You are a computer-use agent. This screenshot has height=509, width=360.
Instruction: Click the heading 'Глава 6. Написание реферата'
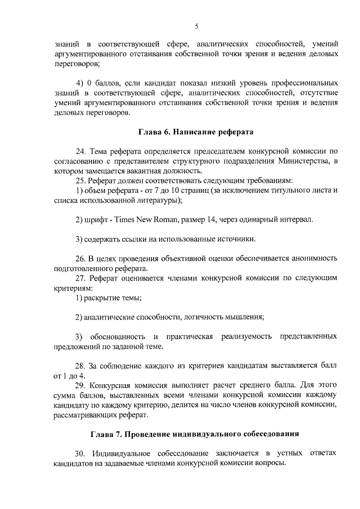pyautogui.click(x=196, y=133)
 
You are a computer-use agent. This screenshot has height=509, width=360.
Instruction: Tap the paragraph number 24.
pyautogui.click(x=80, y=151)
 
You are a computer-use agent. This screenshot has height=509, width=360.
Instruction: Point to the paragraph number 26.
pyautogui.click(x=80, y=259)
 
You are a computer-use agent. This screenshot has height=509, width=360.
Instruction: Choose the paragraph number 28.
pyautogui.click(x=80, y=366)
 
